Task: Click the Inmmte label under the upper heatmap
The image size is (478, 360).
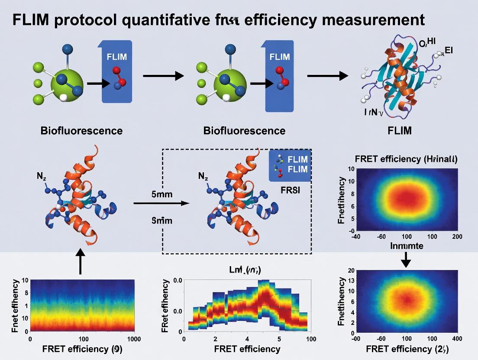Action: (406, 246)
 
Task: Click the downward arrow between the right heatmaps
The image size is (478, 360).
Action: (406, 260)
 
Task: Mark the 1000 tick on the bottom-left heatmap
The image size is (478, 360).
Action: (132, 338)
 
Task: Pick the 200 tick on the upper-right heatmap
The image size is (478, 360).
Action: (456, 237)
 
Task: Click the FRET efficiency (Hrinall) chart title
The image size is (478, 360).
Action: (406, 158)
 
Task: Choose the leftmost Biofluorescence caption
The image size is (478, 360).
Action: (81, 131)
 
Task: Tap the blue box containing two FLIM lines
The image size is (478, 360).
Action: (289, 165)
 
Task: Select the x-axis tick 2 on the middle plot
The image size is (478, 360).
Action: (215, 339)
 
